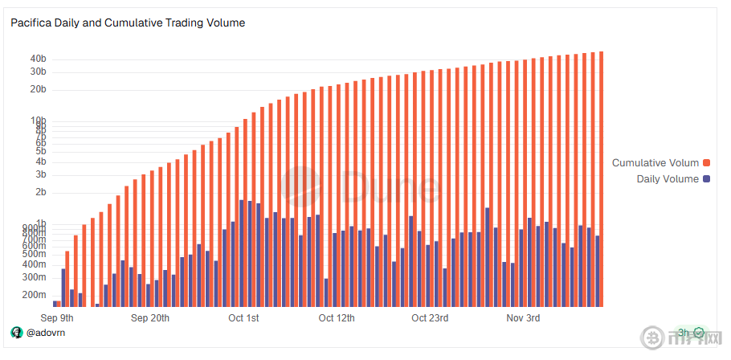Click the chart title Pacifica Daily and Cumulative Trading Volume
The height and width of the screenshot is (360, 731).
[x=128, y=23]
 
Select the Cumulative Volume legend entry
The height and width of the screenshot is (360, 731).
[x=655, y=163]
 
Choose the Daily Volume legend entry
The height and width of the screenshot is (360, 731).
[x=668, y=179]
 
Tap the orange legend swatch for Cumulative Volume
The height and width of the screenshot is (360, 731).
[x=708, y=163]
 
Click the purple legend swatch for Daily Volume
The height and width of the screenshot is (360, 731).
[x=708, y=179]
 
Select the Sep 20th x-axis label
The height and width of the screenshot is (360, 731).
[x=150, y=318]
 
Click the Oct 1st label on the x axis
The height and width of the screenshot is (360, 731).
[x=243, y=318]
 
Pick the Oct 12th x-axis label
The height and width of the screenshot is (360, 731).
[x=337, y=318]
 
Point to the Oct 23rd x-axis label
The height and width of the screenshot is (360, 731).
[x=430, y=318]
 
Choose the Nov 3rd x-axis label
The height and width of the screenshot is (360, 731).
[x=523, y=318]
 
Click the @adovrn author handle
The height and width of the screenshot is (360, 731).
[x=45, y=333]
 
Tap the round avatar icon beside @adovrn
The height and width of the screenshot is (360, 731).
[x=17, y=333]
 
